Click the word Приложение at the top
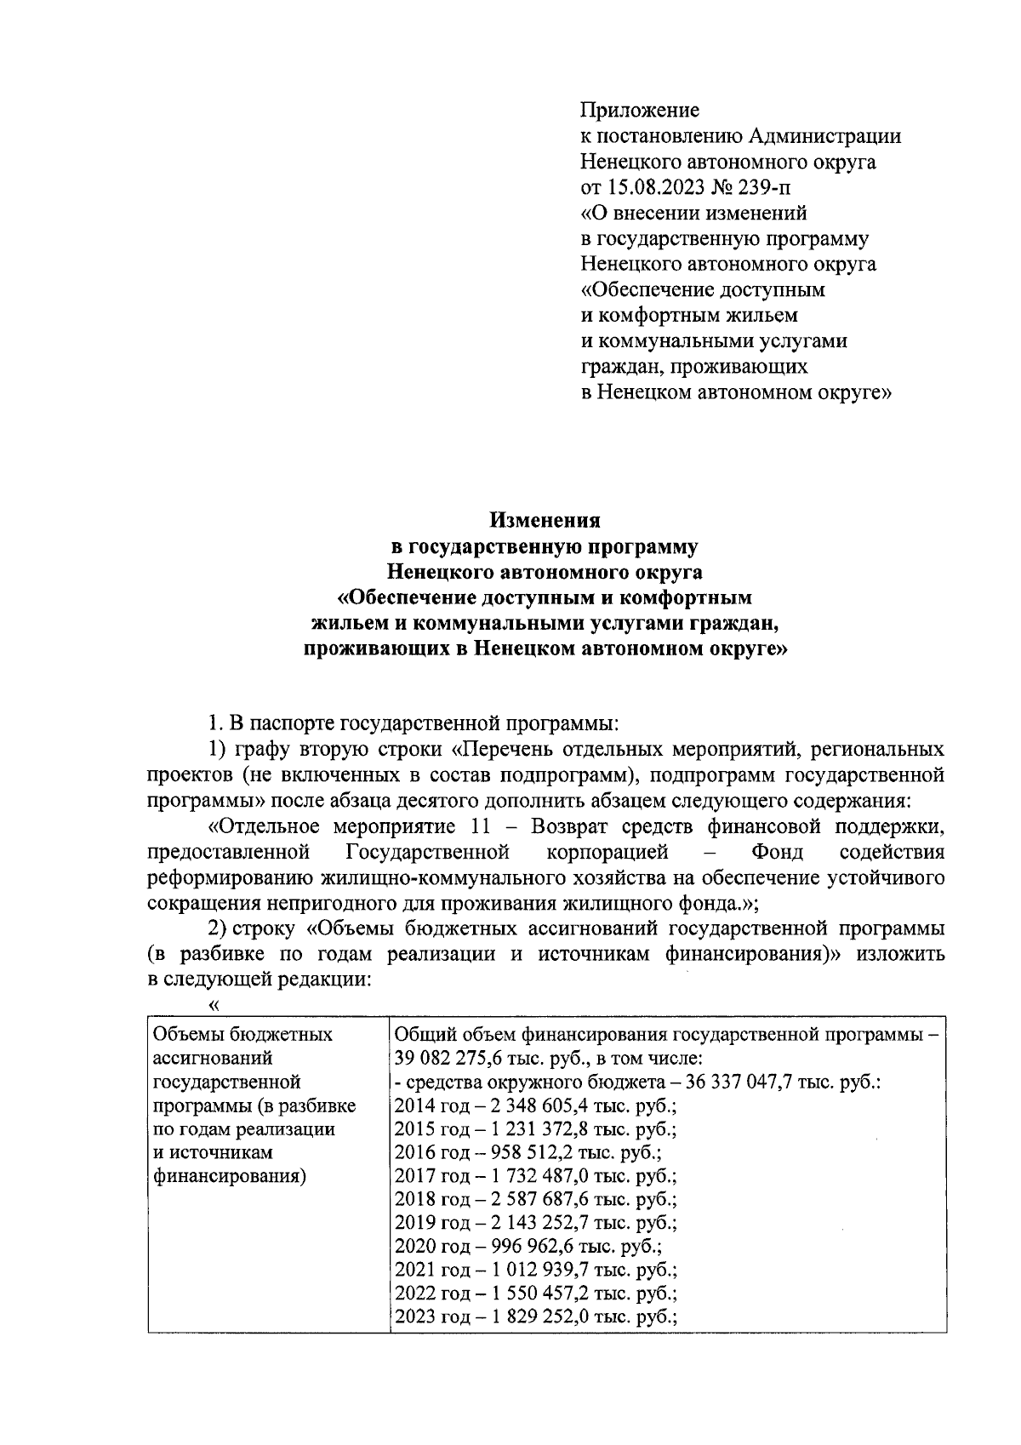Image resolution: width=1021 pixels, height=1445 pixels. pos(639,111)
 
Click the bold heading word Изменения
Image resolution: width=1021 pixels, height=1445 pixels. pos(545,521)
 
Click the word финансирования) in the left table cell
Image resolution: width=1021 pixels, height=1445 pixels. pos(229,1178)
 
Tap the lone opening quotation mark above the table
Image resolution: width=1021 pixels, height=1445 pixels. pos(214,1005)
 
